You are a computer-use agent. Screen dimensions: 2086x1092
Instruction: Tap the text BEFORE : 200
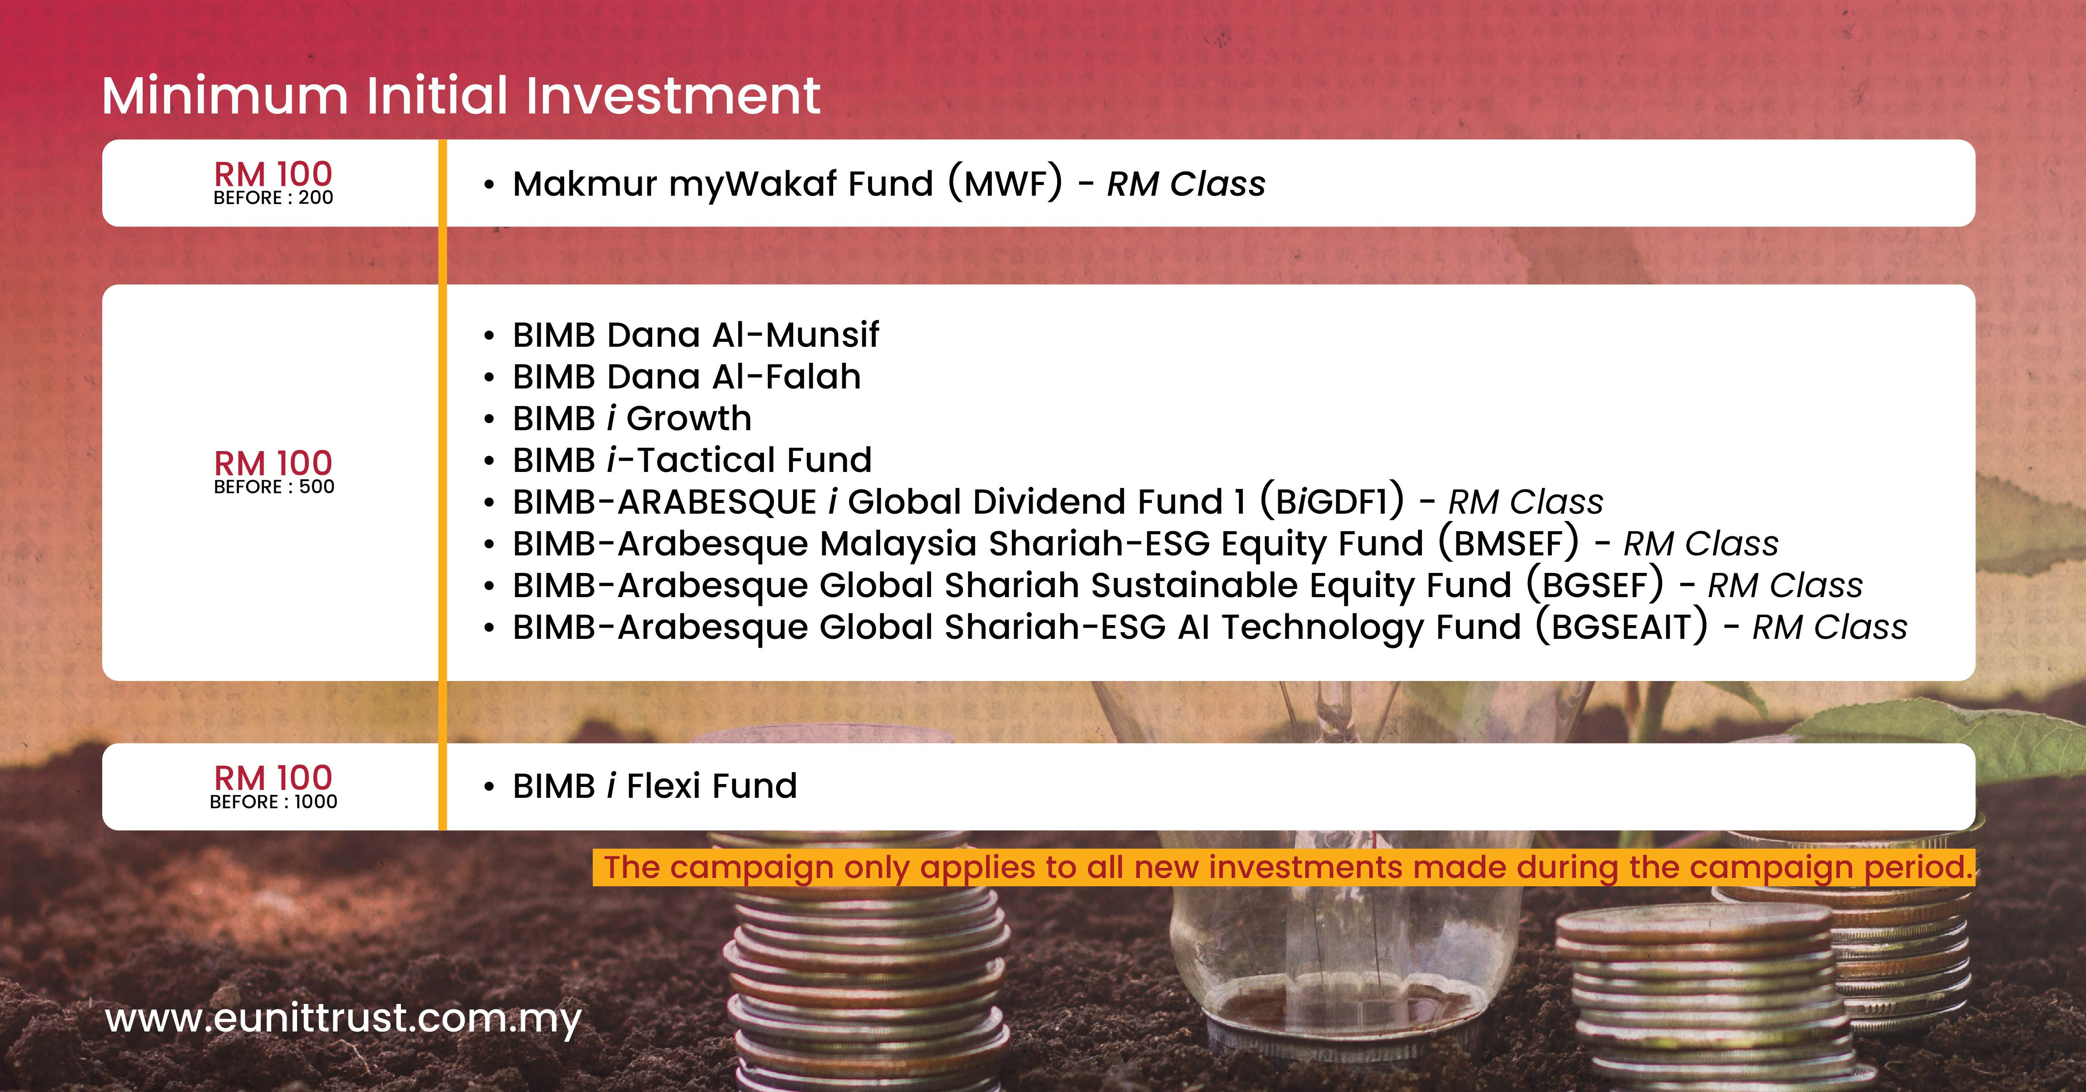click(x=273, y=198)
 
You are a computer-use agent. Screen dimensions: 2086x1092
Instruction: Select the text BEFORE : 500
click(x=274, y=487)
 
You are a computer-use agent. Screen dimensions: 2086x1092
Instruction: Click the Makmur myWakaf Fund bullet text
click(x=888, y=184)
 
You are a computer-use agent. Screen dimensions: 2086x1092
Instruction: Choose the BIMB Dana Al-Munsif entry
click(x=695, y=335)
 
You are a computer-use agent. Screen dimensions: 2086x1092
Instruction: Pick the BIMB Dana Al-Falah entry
click(x=687, y=377)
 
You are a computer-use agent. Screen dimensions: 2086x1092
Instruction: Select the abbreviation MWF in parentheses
click(x=1005, y=184)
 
